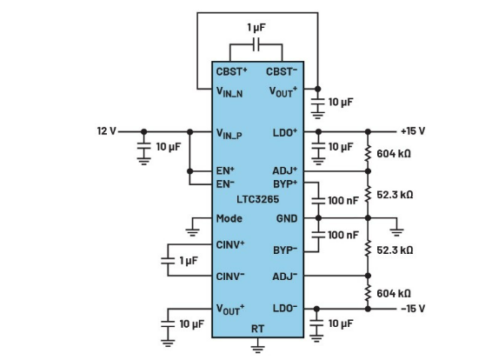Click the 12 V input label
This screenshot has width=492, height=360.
point(105,131)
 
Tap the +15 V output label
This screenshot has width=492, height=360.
point(412,131)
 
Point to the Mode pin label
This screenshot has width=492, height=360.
point(229,218)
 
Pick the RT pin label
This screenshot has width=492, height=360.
point(257,330)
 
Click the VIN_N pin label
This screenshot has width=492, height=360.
point(231,89)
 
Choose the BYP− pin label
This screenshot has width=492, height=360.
point(284,250)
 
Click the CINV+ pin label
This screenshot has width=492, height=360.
point(230,244)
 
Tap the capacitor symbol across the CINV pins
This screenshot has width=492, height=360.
point(169,260)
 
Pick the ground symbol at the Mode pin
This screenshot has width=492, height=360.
point(193,230)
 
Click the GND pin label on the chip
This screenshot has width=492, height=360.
point(287,218)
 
